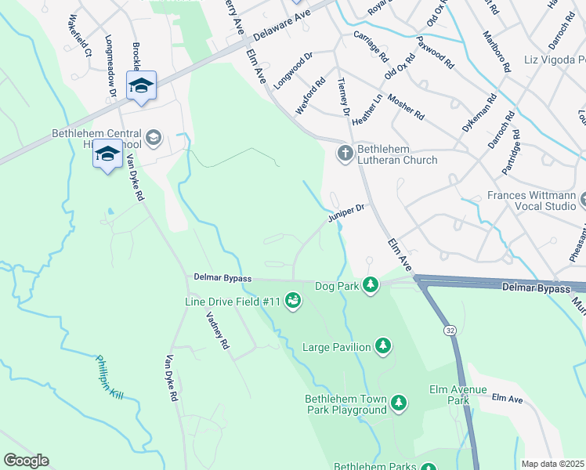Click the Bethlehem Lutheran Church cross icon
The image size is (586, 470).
[x=345, y=154]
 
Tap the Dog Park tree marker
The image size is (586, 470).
[x=371, y=286]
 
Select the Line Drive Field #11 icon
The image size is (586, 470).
[x=293, y=301]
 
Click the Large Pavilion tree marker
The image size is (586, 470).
[x=383, y=345]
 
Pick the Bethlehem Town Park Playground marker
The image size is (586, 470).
[x=399, y=403]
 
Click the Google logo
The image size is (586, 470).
[x=26, y=461]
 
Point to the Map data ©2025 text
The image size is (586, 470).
[x=552, y=464]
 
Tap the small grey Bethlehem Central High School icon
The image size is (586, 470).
[x=153, y=139]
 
